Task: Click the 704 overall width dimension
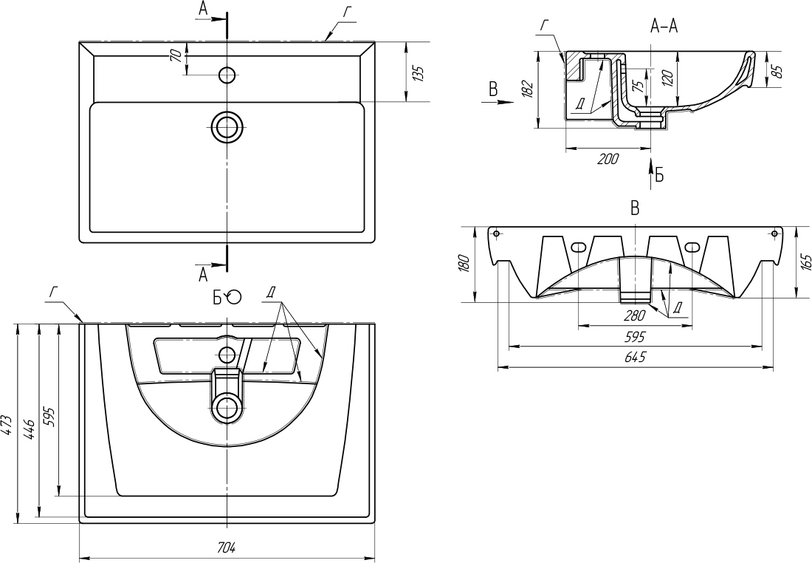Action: coord(226,547)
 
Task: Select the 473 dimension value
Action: coord(7,423)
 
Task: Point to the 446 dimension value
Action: coord(29,423)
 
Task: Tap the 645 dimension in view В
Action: coord(635,358)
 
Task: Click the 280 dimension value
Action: coord(635,315)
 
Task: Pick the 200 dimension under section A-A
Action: coord(608,159)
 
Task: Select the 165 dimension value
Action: coord(805,262)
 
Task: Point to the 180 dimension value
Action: coord(464,263)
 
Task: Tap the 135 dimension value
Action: coord(419,72)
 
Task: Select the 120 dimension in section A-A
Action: coord(667,78)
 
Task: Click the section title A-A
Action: coord(664,27)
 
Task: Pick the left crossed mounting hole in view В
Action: coord(497,233)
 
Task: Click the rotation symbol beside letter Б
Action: coord(233,296)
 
